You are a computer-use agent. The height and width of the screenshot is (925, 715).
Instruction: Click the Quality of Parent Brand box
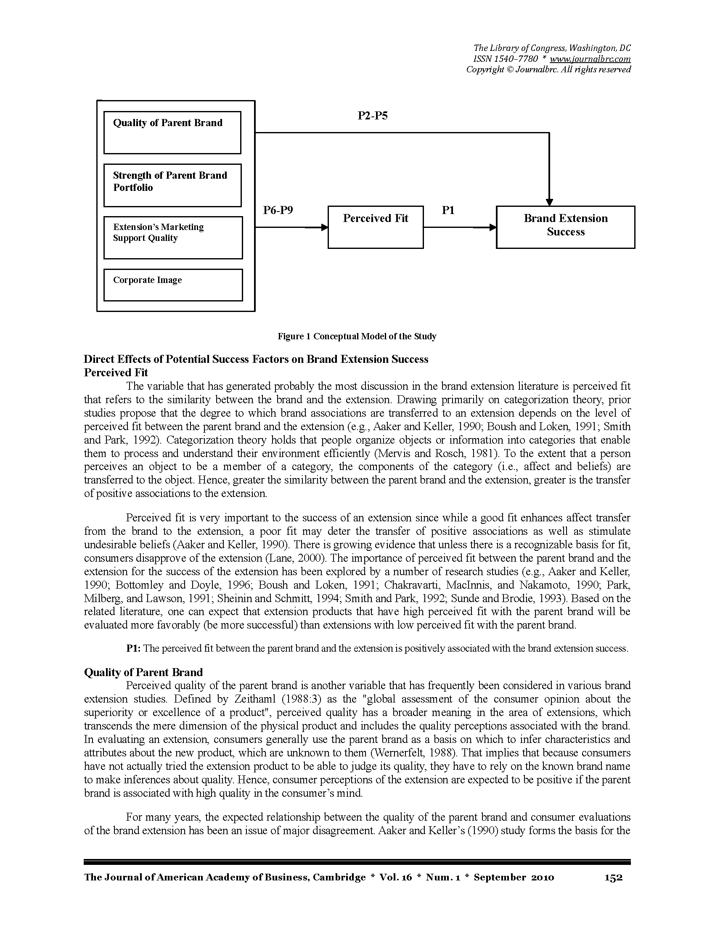tap(172, 132)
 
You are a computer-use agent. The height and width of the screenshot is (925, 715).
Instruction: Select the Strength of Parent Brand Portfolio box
tap(172, 185)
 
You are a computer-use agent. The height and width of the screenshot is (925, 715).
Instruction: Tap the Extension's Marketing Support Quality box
tap(173, 238)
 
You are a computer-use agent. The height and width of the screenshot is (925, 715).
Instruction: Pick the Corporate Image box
tap(173, 285)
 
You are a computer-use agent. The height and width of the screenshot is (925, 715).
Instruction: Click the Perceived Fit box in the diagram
tap(375, 227)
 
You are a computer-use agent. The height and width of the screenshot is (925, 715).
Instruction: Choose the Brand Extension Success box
tap(565, 227)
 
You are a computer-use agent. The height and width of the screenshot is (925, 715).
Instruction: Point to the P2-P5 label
tap(372, 116)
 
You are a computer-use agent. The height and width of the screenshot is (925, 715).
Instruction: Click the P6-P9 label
tap(278, 210)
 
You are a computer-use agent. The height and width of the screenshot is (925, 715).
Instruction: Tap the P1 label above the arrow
tap(448, 210)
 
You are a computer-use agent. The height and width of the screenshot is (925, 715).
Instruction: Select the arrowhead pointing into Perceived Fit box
tap(324, 227)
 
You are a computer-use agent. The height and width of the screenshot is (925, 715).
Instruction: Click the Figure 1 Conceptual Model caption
tap(357, 336)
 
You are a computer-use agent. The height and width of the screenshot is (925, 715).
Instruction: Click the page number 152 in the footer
tap(613, 877)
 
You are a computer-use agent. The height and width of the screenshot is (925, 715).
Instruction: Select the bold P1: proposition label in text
tap(133, 648)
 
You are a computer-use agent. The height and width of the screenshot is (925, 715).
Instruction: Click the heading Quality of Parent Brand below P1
tap(143, 672)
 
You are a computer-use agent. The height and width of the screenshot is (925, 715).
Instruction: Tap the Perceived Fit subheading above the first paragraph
tap(116, 373)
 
